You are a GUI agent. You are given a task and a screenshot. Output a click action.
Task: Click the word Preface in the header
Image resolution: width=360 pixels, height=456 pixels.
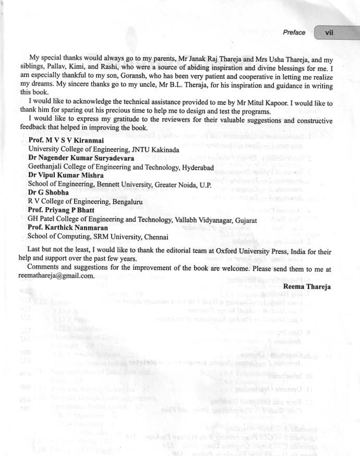click(294, 32)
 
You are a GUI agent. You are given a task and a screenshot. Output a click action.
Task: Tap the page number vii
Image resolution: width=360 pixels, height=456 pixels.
click(329, 32)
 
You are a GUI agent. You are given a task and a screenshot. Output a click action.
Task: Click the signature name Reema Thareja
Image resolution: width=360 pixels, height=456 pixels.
click(308, 286)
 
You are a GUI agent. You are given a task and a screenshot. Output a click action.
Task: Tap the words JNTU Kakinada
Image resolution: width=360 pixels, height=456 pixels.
click(155, 149)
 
